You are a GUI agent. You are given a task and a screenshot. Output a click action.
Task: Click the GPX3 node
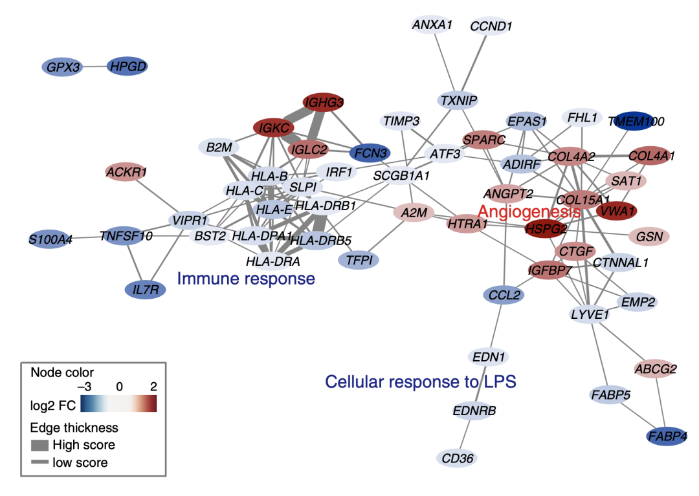62,67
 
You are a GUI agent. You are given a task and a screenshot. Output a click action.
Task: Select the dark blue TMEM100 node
634,121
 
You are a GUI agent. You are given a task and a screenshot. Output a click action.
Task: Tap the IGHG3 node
323,103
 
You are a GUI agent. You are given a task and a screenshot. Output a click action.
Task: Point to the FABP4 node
667,437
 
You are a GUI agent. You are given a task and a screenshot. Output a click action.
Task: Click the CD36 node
457,458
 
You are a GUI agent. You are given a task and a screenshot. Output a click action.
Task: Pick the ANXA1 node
432,25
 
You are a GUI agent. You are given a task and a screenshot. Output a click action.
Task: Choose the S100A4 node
50,239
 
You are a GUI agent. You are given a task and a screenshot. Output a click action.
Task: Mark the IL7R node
146,290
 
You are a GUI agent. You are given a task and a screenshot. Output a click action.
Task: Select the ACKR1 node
126,172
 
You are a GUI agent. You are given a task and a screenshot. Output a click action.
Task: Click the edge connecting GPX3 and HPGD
95,67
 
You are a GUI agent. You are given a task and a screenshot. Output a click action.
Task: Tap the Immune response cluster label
246,279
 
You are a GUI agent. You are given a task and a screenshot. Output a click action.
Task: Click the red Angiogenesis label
529,211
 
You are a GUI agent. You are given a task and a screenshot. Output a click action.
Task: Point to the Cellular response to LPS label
421,382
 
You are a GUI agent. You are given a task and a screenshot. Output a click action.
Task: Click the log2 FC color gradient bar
118,404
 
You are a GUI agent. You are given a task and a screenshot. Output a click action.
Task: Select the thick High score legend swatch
39,446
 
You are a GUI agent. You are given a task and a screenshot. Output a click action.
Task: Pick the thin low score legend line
39,462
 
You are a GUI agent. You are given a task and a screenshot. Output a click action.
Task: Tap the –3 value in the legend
85,387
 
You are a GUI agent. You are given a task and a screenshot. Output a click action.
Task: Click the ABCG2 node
655,369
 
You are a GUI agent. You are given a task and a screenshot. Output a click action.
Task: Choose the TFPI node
359,260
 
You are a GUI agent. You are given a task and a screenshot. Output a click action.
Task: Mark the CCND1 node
491,27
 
